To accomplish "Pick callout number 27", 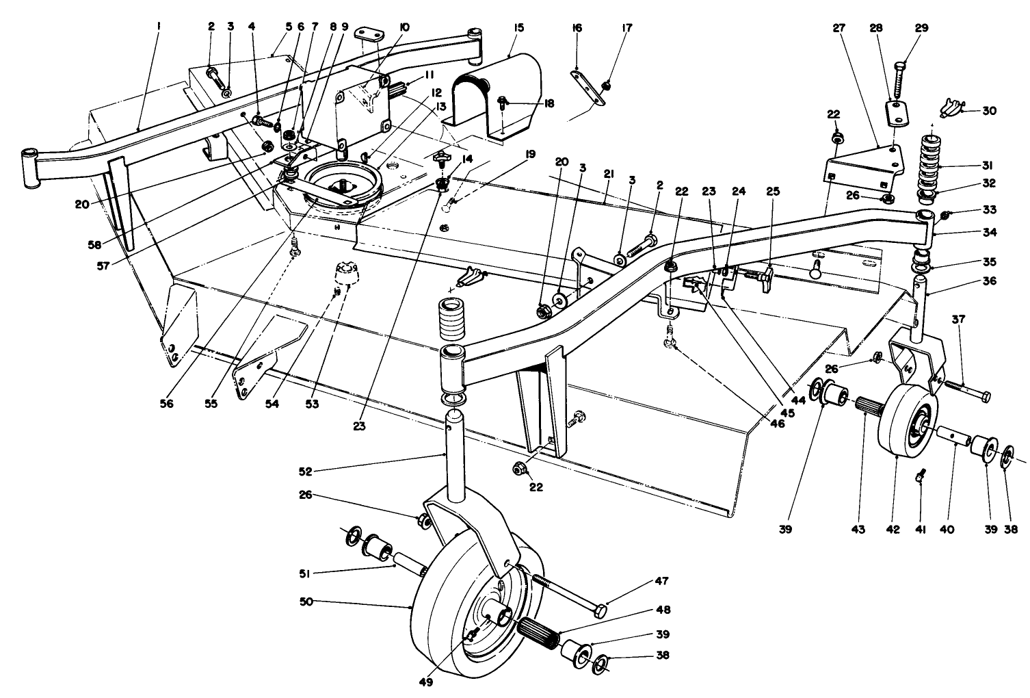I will [838, 27].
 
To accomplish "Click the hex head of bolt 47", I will [600, 610].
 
